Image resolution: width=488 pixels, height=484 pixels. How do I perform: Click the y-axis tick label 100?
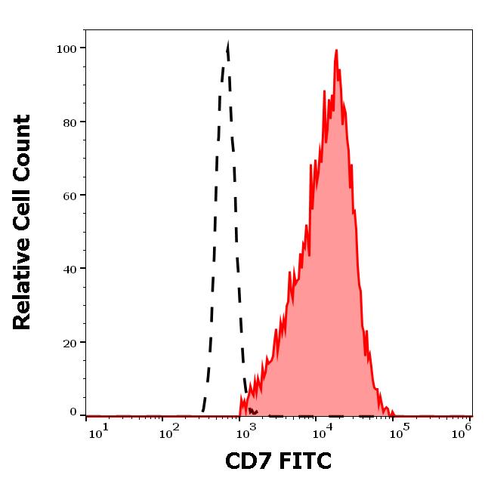click(66, 49)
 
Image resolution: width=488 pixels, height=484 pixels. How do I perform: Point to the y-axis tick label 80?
click(69, 122)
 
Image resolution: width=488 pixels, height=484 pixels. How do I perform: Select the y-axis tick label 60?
click(69, 196)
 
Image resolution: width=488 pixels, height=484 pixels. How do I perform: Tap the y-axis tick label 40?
click(69, 269)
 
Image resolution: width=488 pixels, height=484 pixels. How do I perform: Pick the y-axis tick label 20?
click(69, 343)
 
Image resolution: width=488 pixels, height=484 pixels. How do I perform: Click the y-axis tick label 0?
click(73, 412)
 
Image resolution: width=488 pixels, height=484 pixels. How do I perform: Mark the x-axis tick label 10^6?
click(462, 430)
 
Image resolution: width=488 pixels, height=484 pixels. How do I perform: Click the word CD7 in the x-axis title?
click(249, 460)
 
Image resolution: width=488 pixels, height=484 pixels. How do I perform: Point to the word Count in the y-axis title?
click(23, 147)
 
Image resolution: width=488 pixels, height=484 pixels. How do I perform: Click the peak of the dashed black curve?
click(227, 45)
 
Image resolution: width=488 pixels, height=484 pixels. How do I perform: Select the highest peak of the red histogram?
click(336, 51)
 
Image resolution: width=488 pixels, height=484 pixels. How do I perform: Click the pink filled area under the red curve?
click(325, 302)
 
